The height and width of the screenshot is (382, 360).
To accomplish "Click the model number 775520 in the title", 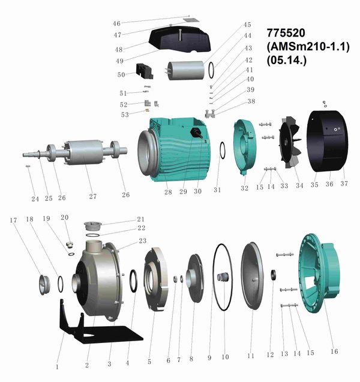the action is [286, 32].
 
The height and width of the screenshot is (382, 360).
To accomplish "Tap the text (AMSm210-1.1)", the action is [308, 46].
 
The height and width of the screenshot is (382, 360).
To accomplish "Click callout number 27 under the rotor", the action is [93, 196].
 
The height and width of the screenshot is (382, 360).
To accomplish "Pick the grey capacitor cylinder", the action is [186, 70].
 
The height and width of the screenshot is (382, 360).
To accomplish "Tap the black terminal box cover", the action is [180, 40].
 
